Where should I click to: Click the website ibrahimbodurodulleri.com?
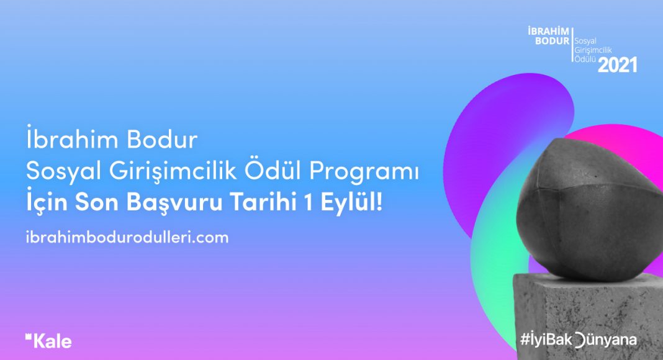(127, 237)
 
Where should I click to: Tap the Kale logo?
(48, 341)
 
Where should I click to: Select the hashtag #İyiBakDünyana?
(579, 340)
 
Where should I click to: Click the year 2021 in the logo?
(617, 65)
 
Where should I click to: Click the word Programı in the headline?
(364, 171)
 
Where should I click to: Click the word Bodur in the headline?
(162, 139)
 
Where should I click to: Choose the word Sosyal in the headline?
(64, 171)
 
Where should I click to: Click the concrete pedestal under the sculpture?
(589, 317)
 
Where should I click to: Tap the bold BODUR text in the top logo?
(552, 41)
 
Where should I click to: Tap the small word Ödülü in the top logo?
(585, 59)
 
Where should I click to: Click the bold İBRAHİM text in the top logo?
(548, 31)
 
